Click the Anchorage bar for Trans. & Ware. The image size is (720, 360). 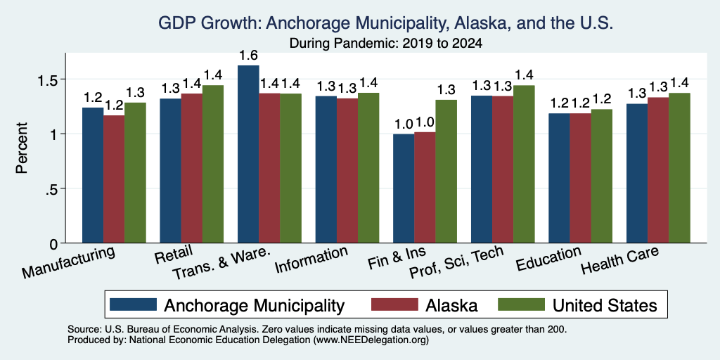[x=248, y=154]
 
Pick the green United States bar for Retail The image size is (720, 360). [x=213, y=164]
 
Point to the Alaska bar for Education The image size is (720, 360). [x=580, y=178]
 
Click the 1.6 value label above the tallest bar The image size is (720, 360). [x=248, y=56]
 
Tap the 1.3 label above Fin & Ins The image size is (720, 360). [x=446, y=90]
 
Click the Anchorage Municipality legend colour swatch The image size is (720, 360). [x=133, y=304]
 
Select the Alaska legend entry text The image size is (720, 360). [x=451, y=305]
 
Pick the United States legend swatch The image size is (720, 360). [x=522, y=304]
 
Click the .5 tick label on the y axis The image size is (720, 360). [x=53, y=188]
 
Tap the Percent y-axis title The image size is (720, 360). [x=22, y=148]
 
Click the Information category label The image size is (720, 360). [x=311, y=260]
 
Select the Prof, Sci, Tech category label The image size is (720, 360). [x=456, y=263]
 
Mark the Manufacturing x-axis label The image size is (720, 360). [x=68, y=263]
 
